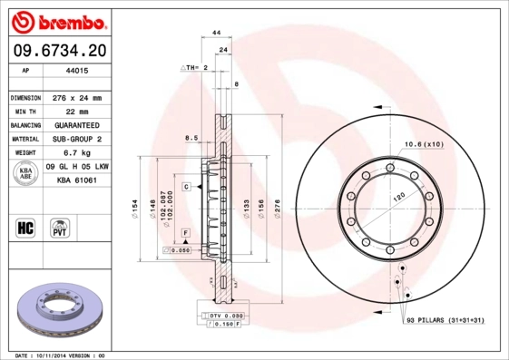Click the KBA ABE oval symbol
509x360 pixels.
pyautogui.click(x=24, y=174)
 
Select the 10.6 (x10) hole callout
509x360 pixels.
pyautogui.click(x=423, y=144)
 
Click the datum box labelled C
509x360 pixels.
pyautogui.click(x=185, y=186)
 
